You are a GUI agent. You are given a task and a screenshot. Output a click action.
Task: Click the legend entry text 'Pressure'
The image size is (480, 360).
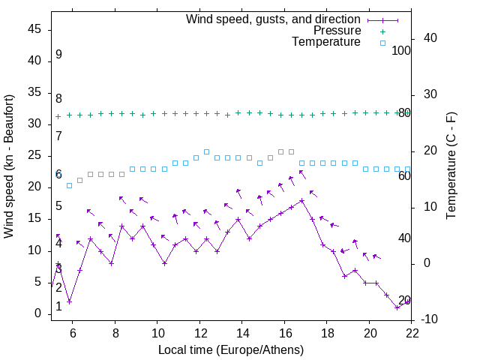click(337, 31)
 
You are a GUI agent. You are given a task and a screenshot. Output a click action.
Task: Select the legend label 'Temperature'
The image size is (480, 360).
click(326, 43)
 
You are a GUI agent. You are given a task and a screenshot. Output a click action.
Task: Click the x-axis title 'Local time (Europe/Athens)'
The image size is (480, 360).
click(231, 349)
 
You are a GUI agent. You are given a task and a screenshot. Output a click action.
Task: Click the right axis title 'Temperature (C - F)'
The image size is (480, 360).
click(451, 166)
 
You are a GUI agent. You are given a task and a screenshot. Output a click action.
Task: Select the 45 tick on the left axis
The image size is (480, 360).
click(34, 29)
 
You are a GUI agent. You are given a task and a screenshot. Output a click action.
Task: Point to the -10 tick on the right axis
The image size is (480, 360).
click(428, 320)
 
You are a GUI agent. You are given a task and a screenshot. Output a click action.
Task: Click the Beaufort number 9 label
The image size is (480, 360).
click(58, 55)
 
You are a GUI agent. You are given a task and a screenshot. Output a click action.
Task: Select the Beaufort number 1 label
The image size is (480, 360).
click(58, 307)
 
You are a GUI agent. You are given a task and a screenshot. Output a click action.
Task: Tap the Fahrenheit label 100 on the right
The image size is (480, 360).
click(401, 50)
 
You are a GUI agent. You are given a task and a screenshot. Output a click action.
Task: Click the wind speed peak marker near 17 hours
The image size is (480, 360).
click(301, 200)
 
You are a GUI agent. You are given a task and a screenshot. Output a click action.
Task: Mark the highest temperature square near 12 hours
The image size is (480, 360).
click(206, 151)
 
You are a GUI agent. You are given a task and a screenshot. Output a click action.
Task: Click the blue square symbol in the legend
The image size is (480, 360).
click(382, 43)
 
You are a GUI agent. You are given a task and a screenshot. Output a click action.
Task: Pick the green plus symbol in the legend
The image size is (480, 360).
click(382, 31)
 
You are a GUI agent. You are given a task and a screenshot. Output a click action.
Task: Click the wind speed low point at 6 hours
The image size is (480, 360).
click(69, 301)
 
